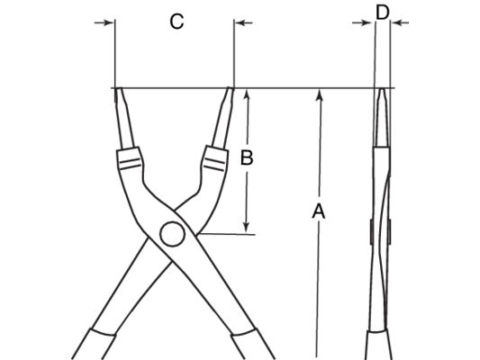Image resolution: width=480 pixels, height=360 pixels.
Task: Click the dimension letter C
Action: tap(177, 22)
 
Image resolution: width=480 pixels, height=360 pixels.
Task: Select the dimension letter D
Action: tap(383, 13)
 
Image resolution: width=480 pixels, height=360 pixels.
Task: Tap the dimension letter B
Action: tap(247, 157)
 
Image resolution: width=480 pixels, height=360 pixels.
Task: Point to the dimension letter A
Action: tap(319, 211)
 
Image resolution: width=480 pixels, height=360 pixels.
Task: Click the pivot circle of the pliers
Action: tap(172, 234)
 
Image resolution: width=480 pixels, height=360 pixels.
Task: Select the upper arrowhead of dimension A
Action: tap(320, 94)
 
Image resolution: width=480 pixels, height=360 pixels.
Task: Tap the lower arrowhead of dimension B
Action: tap(246, 227)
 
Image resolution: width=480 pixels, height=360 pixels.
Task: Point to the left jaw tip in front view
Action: tap(119, 89)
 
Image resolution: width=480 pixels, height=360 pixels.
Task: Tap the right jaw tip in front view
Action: tap(231, 89)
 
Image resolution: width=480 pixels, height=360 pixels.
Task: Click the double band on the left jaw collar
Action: tap(130, 164)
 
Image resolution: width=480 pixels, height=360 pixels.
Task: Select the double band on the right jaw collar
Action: tap(214, 164)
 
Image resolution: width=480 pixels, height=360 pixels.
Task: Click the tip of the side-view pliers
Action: tap(382, 89)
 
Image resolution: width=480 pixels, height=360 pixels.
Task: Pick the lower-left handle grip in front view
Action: tap(94, 345)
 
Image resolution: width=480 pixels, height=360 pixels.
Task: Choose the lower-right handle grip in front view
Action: tap(253, 345)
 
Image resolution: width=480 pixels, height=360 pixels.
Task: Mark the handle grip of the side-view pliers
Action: tap(378, 345)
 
